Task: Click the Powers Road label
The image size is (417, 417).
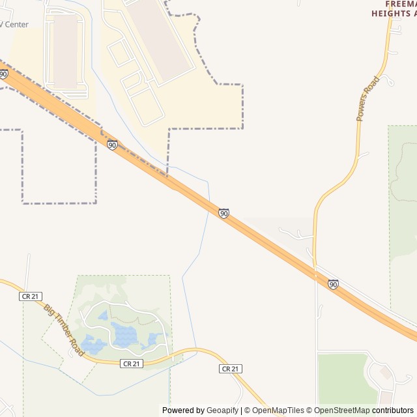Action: (x=367, y=99)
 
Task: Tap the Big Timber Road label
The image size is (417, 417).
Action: (x=65, y=329)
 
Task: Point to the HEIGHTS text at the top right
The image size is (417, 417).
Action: (x=391, y=13)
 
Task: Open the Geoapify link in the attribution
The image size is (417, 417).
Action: (x=223, y=410)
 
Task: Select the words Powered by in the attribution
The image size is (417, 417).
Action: (x=183, y=410)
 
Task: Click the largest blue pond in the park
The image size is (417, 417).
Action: (x=124, y=334)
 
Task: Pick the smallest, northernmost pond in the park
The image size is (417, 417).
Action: (x=102, y=316)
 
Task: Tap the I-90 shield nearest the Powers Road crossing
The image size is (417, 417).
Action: (x=333, y=284)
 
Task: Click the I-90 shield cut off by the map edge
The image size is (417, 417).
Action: (x=3, y=74)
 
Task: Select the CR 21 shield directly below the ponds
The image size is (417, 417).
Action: (x=131, y=364)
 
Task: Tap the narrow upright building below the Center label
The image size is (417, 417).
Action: (x=65, y=52)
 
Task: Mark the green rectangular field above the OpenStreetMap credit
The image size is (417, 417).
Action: (x=343, y=378)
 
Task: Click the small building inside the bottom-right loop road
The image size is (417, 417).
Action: (x=386, y=373)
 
